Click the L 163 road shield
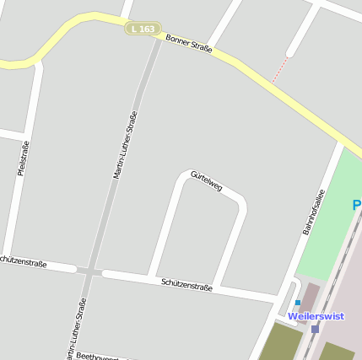[143, 29]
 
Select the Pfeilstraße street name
[24, 158]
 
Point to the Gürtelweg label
[206, 180]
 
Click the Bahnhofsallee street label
[313, 211]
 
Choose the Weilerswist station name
[316, 316]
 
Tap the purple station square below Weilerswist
[315, 329]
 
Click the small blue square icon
[297, 302]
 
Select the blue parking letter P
[356, 205]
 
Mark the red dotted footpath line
[279, 70]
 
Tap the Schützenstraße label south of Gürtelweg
[186, 285]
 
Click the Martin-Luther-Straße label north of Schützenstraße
[125, 145]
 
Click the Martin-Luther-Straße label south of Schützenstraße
[74, 330]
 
